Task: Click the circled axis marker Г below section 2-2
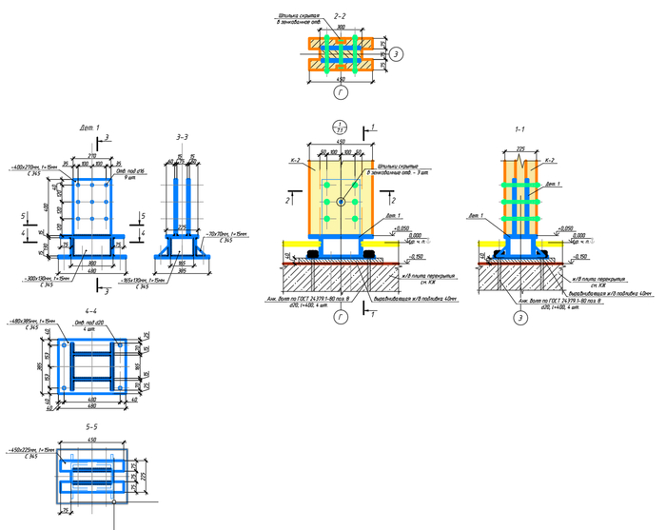point(340,92)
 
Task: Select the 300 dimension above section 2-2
point(340,29)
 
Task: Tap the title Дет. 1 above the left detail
point(89,127)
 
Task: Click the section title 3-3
point(183,138)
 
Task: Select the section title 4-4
point(90,310)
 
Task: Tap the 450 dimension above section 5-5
point(91,441)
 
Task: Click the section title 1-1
point(520,127)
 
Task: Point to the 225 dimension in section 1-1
point(521,148)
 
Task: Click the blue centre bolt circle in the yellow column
point(340,203)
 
